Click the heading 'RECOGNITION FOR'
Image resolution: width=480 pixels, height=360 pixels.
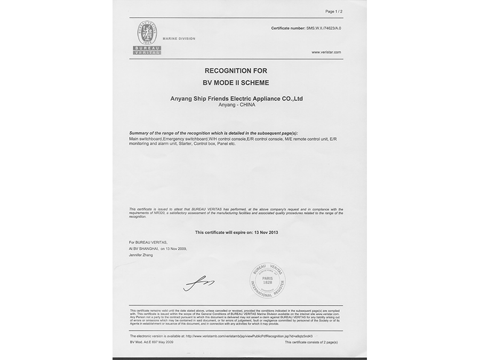coord(236,70)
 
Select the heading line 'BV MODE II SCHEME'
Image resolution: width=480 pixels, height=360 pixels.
coord(236,83)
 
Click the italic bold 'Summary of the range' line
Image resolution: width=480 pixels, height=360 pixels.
coord(213,132)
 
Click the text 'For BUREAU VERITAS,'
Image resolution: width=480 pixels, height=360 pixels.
coord(145,242)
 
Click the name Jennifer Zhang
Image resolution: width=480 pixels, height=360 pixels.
coord(141,255)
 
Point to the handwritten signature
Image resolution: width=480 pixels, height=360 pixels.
coord(198,283)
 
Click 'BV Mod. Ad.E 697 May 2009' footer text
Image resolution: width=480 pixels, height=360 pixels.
coord(152,342)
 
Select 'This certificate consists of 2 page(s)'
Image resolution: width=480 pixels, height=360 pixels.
coord(311,342)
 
